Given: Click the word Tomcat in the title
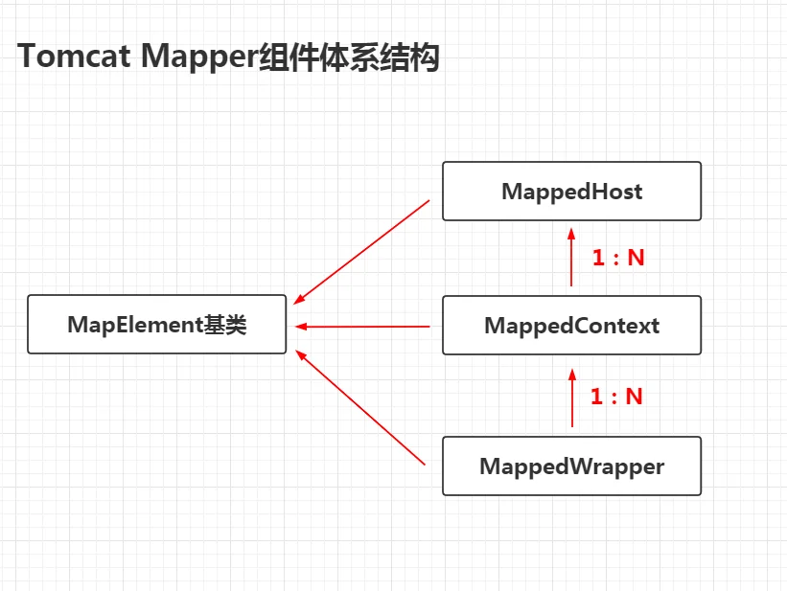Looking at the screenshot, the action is click(x=74, y=56).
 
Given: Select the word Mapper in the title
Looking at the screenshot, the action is click(x=199, y=57).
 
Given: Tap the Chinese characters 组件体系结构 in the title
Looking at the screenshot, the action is click(x=349, y=57).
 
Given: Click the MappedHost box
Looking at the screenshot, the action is click(x=571, y=192).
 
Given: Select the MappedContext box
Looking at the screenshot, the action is click(x=571, y=325).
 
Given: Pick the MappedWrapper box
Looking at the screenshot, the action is click(x=571, y=466).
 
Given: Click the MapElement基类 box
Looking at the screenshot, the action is click(x=156, y=324).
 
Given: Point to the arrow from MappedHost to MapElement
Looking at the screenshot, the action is click(x=361, y=252).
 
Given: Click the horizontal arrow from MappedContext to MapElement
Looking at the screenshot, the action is click(x=362, y=327).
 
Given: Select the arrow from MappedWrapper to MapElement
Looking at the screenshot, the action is click(x=360, y=407).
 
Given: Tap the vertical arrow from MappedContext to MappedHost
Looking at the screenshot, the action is click(x=571, y=257).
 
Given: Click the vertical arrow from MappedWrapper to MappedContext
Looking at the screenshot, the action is click(x=572, y=398).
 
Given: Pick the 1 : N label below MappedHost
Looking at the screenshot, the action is click(x=618, y=258).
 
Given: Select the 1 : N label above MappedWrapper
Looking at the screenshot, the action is click(x=616, y=397).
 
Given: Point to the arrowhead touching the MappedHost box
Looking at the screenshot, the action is click(x=571, y=234).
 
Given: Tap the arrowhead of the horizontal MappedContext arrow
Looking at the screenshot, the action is click(x=301, y=327).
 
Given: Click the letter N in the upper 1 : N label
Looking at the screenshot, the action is click(x=636, y=258).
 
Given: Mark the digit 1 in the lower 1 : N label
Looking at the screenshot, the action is click(x=596, y=397).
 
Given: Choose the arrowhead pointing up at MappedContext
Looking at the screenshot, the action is click(x=572, y=375).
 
